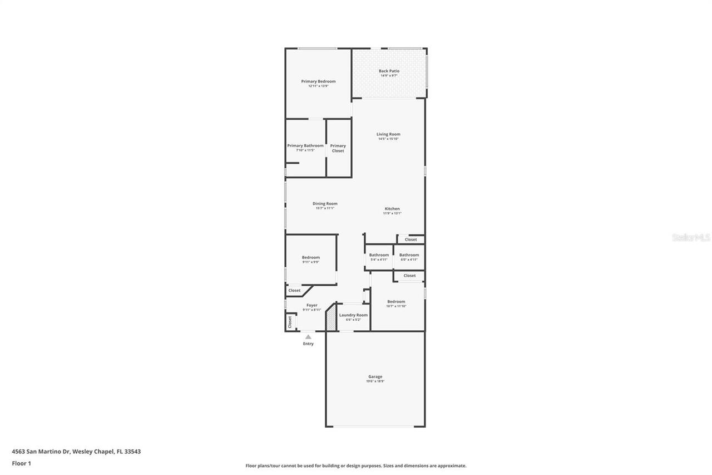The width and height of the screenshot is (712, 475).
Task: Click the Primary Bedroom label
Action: [x=318, y=81]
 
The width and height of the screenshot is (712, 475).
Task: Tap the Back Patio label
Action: [x=389, y=71]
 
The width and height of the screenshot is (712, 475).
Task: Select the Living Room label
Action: [x=388, y=134]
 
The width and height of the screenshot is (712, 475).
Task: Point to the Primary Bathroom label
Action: [x=305, y=146]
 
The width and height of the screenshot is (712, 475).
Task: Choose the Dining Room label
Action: [x=325, y=204]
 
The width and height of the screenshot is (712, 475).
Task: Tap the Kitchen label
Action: [x=392, y=209]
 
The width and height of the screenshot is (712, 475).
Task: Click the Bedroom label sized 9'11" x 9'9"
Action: [x=310, y=257]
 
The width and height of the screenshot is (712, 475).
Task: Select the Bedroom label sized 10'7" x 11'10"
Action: [x=396, y=302]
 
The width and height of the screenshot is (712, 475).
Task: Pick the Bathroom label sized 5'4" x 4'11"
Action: [x=379, y=255]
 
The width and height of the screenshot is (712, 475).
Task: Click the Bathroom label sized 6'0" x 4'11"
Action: [x=409, y=255]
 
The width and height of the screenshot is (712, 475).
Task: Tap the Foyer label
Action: [x=311, y=305]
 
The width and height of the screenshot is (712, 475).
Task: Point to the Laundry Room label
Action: [x=353, y=315]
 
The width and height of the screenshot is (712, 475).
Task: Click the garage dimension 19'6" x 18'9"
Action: [x=375, y=381]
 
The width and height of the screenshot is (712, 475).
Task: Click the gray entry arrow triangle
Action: [x=308, y=336]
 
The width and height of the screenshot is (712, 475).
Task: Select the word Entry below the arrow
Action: [x=308, y=344]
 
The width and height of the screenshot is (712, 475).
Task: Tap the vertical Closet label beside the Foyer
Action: [x=289, y=322]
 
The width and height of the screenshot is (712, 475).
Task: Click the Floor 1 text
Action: [x=21, y=463]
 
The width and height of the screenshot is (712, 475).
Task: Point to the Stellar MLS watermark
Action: [x=691, y=237]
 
